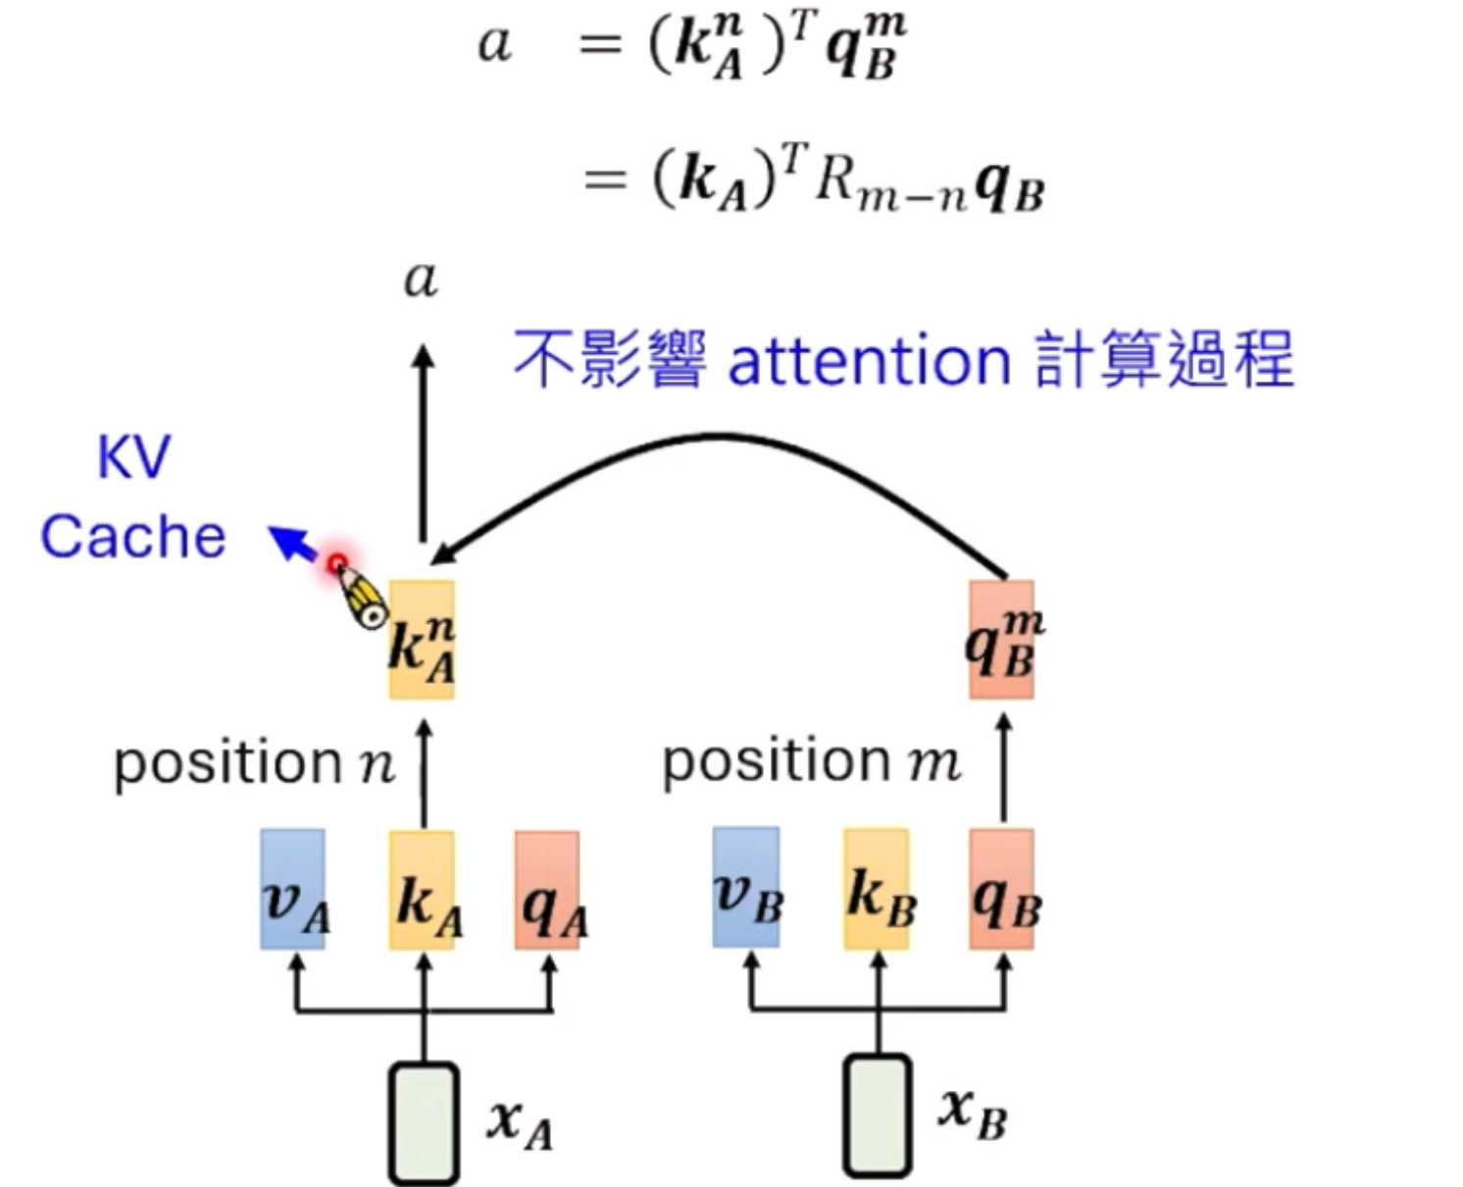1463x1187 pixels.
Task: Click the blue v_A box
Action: click(292, 889)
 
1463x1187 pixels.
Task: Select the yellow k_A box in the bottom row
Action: click(422, 889)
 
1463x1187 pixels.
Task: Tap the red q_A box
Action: click(547, 889)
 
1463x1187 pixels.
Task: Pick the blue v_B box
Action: click(746, 887)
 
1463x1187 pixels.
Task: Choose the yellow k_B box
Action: click(876, 889)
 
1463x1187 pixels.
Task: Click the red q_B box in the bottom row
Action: click(1001, 889)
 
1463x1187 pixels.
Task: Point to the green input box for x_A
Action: click(424, 1122)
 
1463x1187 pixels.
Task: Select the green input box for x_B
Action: click(878, 1112)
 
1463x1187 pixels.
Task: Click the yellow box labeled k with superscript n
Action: click(422, 640)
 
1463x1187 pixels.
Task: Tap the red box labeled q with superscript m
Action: click(1001, 640)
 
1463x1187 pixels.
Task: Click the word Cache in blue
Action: click(133, 537)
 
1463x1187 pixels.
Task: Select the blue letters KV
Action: click(134, 457)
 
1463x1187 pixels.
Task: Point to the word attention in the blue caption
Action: click(869, 361)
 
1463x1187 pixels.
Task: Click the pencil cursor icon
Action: click(361, 596)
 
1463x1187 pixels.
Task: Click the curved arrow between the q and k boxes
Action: click(721, 436)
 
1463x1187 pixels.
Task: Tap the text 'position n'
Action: click(254, 763)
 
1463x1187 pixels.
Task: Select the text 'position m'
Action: click(812, 761)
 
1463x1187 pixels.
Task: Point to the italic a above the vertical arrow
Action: click(421, 280)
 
